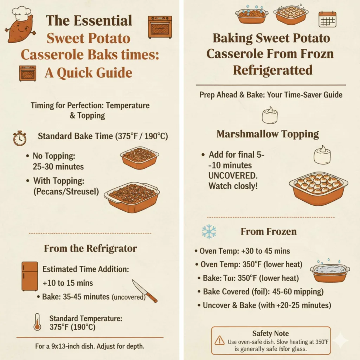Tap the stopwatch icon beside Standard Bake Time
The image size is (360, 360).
[20, 138]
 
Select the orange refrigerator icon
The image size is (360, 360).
[30, 276]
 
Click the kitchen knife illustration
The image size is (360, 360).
[144, 291]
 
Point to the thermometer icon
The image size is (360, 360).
[37, 321]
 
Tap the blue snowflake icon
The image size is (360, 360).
[209, 232]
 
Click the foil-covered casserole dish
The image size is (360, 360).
[330, 272]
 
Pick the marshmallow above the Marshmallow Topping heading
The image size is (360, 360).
[270, 115]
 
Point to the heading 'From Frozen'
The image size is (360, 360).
[269, 232]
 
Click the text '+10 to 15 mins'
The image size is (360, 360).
[67, 283]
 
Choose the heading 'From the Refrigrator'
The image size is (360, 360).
[90, 249]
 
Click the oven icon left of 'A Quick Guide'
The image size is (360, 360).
[27, 73]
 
